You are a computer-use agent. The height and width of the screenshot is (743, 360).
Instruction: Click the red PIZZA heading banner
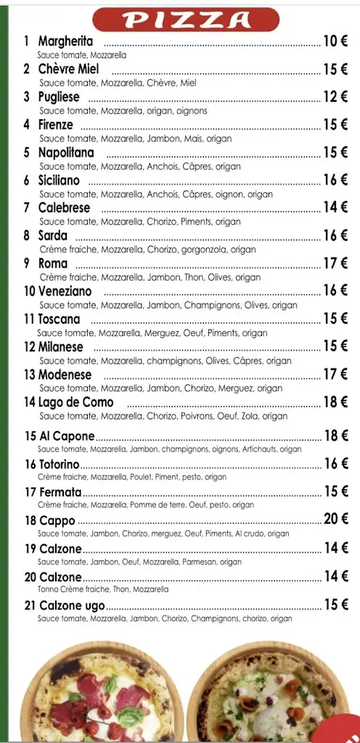[x=185, y=20]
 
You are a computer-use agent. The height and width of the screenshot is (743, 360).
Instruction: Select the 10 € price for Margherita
[x=335, y=42]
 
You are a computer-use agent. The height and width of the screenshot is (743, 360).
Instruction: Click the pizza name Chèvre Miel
[x=68, y=70]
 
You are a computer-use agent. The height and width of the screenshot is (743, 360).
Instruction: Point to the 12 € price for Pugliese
[x=335, y=97]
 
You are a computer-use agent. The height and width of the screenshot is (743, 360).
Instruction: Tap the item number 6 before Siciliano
[x=27, y=180]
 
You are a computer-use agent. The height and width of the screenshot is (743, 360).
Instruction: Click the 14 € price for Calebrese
[x=335, y=208]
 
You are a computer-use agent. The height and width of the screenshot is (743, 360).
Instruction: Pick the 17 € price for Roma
[x=335, y=263]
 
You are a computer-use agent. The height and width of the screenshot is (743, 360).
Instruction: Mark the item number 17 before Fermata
[x=30, y=492]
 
